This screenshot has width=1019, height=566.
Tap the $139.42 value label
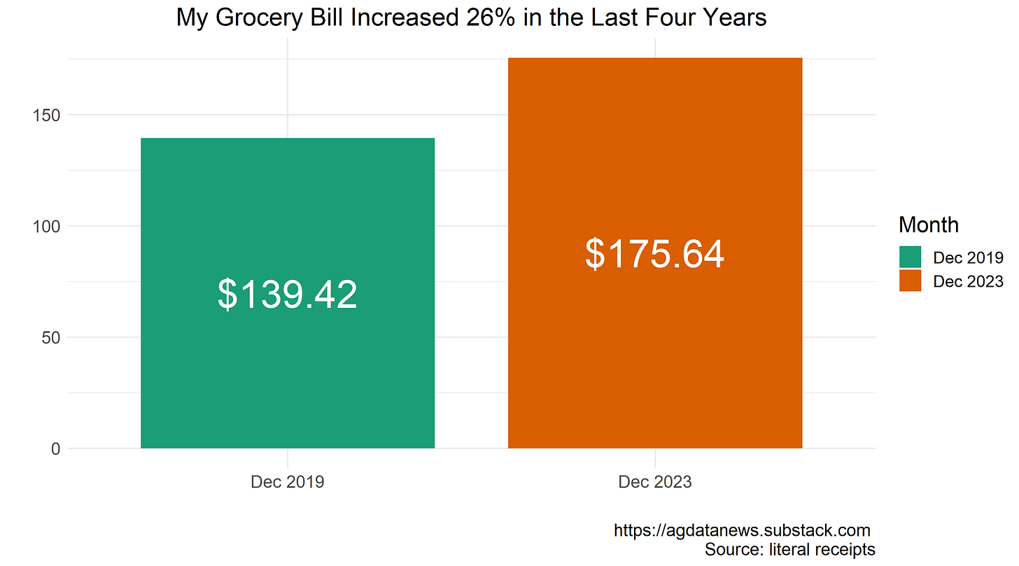pos(287,295)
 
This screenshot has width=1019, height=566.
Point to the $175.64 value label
pos(654,254)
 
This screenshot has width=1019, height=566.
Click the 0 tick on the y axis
pos(55,449)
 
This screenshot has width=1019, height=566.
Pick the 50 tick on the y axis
pos(50,338)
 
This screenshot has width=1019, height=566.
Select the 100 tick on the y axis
pos(46,227)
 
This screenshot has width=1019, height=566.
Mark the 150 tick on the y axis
pos(46,115)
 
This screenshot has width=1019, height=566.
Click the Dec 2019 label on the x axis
pos(287,482)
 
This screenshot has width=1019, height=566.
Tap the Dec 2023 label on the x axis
pos(654,482)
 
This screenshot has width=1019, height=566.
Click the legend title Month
pos(928,225)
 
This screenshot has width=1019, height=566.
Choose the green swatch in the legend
pos(911,257)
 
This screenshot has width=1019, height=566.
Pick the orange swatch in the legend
pos(911,281)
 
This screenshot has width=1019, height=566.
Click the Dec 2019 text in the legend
pos(968,257)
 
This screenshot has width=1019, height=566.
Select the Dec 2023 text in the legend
pos(968,281)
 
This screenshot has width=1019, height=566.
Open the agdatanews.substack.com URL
pos(742,530)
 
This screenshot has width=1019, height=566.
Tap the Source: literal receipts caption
pos(789,549)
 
